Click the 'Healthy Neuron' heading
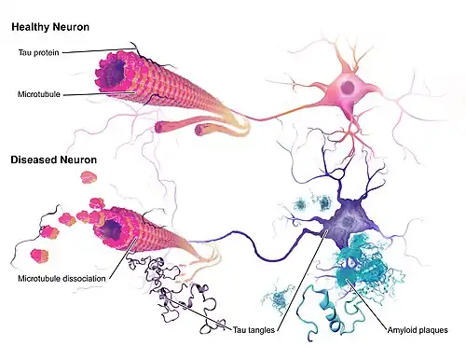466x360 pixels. (x=50, y=27)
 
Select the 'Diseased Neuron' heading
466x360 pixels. (x=54, y=159)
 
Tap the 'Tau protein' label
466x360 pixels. (x=38, y=52)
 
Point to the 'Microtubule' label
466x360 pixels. (x=39, y=94)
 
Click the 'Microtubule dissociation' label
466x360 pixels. (x=62, y=278)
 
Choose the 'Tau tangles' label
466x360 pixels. (x=254, y=330)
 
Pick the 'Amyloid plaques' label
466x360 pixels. (x=418, y=330)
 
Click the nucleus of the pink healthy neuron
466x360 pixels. (x=349, y=88)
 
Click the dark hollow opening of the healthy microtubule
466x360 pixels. (x=114, y=73)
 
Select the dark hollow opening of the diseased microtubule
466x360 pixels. (x=111, y=230)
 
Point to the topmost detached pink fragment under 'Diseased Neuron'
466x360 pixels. (x=89, y=177)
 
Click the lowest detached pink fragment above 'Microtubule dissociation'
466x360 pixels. (x=39, y=256)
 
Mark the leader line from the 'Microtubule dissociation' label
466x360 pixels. (x=123, y=257)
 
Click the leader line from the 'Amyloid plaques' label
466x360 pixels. (x=367, y=304)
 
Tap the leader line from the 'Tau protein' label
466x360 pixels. (x=99, y=50)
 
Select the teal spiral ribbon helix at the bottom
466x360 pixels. (x=330, y=312)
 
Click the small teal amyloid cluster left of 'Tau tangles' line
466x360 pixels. (x=279, y=298)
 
